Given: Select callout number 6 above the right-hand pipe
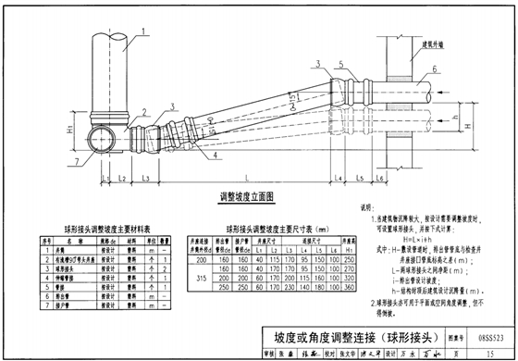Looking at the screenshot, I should pos(434,70).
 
